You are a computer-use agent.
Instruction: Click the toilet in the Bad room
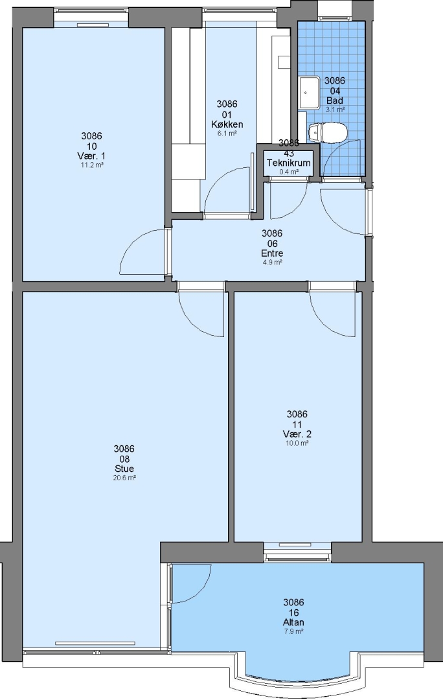click(x=328, y=133)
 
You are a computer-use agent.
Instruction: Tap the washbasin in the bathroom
click(x=309, y=93)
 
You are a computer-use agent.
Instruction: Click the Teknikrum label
click(x=289, y=163)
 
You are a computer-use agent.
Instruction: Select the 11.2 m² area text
click(x=93, y=165)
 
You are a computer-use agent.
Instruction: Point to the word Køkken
click(x=227, y=124)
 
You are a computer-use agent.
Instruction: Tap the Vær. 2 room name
click(x=297, y=434)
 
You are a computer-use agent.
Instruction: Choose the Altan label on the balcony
click(x=293, y=622)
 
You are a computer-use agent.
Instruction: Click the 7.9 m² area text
click(x=293, y=632)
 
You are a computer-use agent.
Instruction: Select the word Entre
click(x=272, y=253)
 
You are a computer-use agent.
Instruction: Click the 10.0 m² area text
click(x=297, y=443)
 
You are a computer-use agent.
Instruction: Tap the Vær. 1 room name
click(x=93, y=156)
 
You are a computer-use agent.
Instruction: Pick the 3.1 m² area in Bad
click(x=335, y=110)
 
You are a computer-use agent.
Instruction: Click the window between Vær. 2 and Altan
click(x=297, y=552)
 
